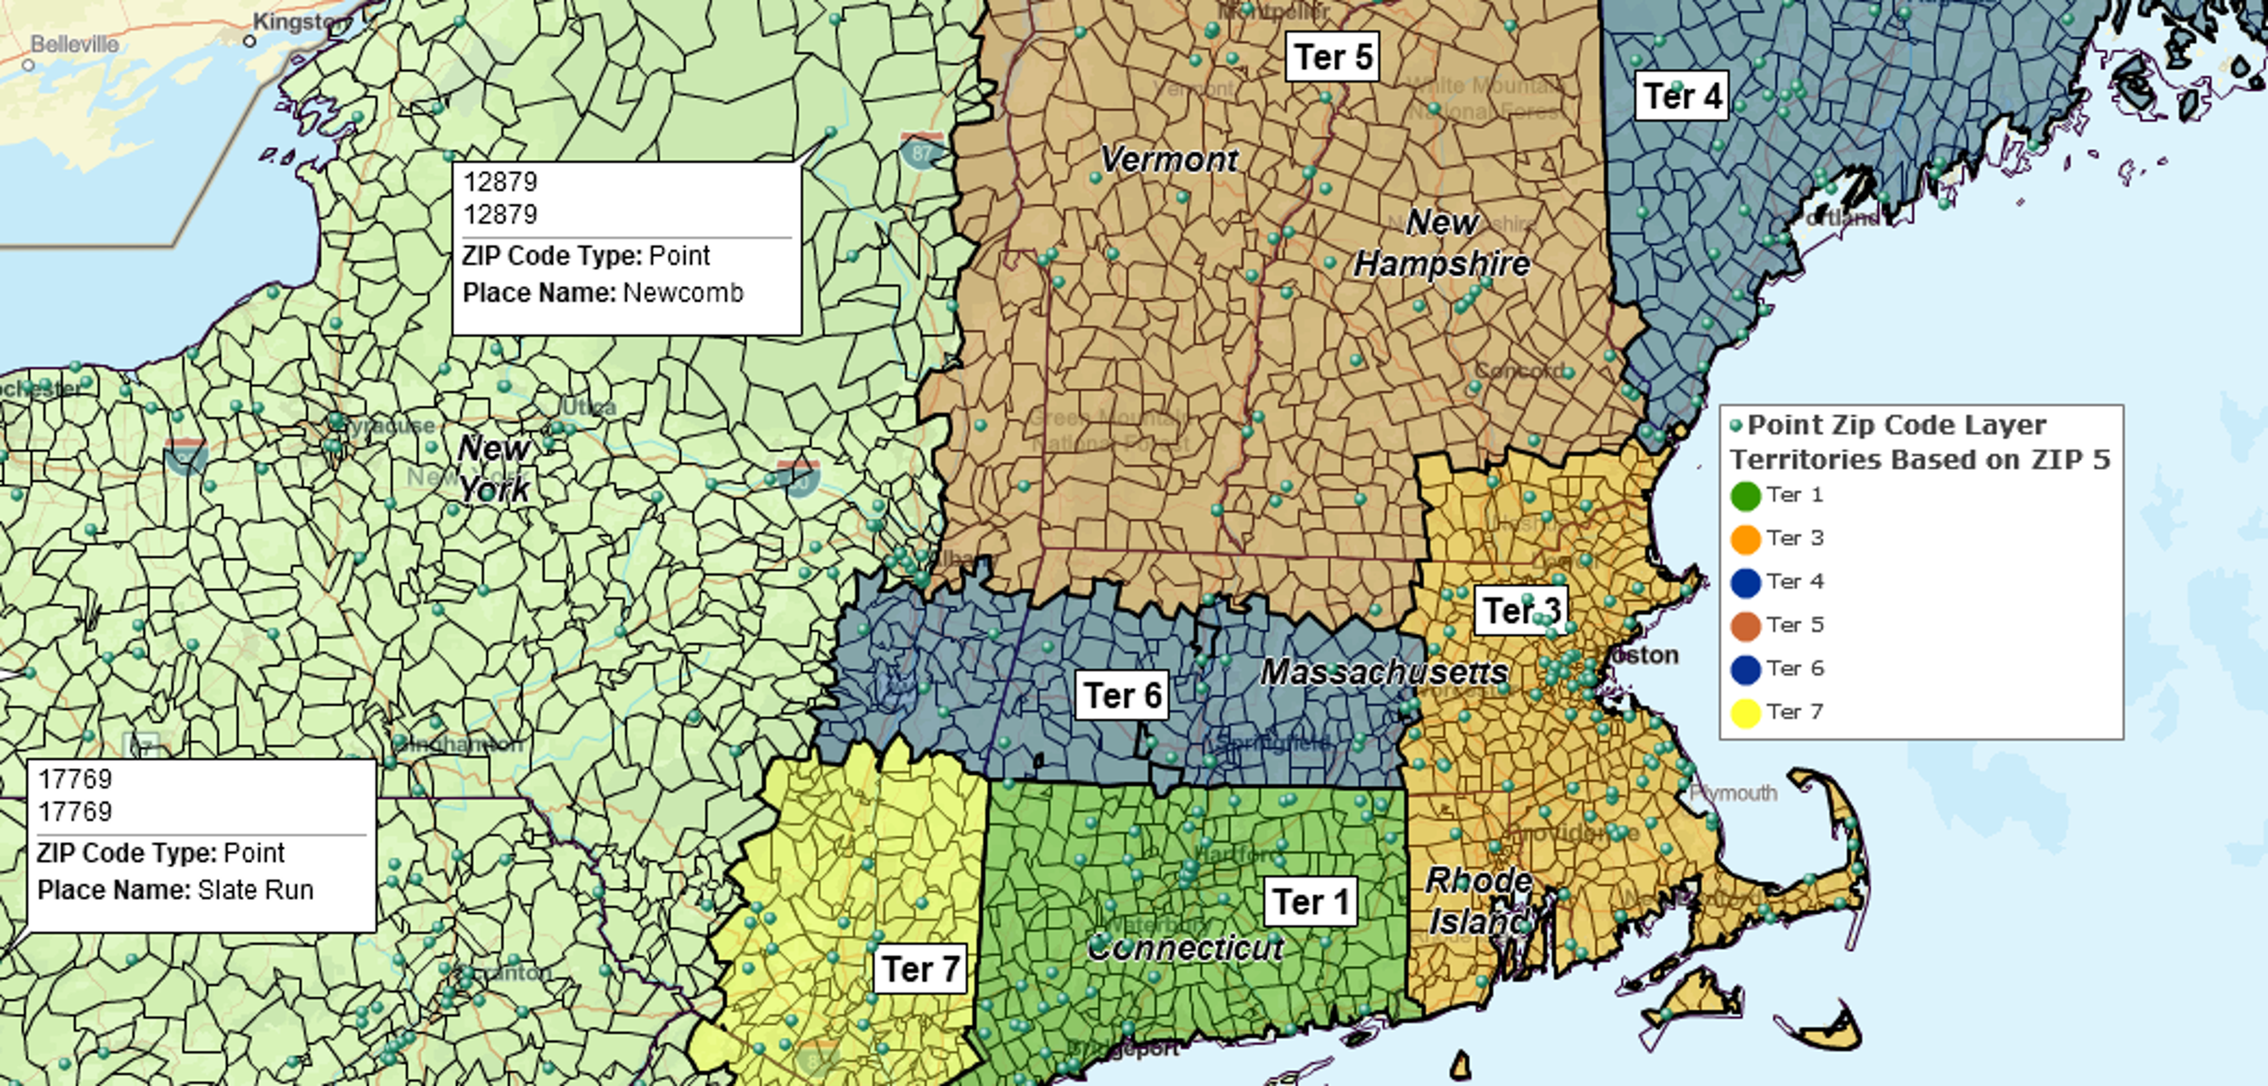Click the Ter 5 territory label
coord(1332,57)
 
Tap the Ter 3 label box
coord(1520,609)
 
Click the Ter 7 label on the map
coord(920,969)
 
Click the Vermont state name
coord(1169,160)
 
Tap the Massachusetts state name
coord(1384,672)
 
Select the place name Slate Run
coord(256,889)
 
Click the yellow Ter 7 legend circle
coord(1745,712)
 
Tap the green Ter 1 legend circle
coord(1745,496)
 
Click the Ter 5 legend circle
coord(1745,626)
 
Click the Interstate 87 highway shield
coord(921,151)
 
